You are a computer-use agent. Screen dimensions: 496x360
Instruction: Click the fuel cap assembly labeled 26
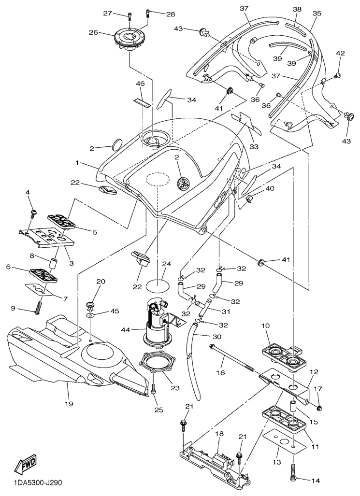coord(130,39)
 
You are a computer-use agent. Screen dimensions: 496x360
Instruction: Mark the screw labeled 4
coord(33,211)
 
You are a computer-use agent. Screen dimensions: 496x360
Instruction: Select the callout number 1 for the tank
coord(76,164)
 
